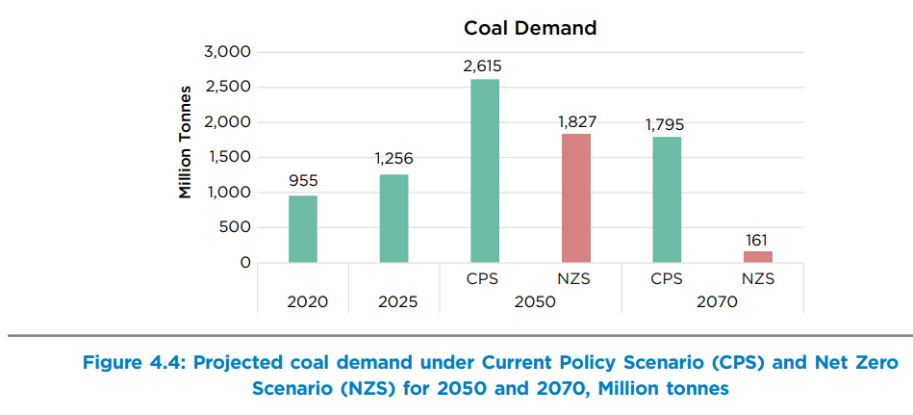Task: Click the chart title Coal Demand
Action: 530,28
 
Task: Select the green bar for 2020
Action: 302,229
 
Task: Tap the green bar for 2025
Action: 393,219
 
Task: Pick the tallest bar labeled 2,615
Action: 485,170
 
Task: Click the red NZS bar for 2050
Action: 575,198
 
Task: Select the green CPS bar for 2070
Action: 667,199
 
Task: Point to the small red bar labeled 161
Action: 757,256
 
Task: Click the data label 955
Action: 302,181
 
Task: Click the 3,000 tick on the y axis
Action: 227,51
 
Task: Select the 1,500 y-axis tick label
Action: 228,157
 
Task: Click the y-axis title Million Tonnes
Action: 185,145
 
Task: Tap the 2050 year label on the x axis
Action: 530,301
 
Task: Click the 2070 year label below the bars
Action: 712,301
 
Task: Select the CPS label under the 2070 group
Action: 667,278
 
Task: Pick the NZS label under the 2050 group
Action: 575,278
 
